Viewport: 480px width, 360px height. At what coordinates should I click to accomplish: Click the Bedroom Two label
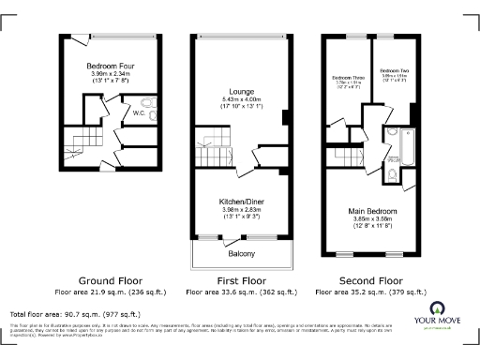pyautogui.click(x=394, y=71)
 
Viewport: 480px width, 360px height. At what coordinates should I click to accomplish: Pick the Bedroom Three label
pyautogui.click(x=348, y=77)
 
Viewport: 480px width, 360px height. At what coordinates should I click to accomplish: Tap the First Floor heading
pyautogui.click(x=241, y=280)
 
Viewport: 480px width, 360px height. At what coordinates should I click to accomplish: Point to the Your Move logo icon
pyautogui.click(x=437, y=309)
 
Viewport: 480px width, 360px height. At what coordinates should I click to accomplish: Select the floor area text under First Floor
pyautogui.click(x=241, y=292)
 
